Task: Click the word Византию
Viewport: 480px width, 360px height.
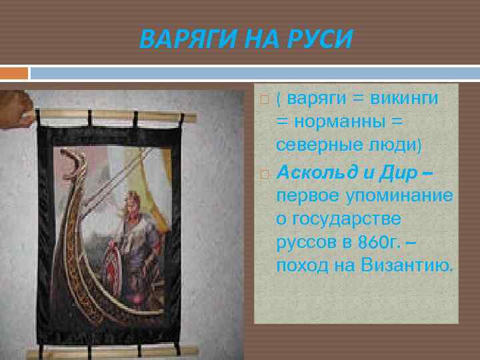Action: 407,266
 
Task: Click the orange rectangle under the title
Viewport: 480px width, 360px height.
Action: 14,73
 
